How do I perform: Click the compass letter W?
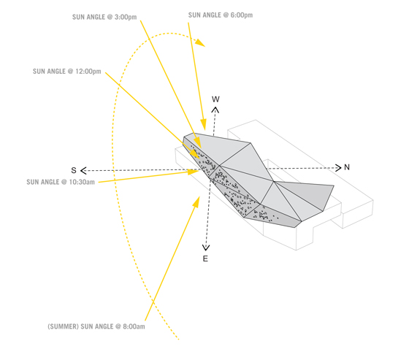pos(215,99)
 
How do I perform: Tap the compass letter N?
pos(347,167)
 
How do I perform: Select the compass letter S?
pos(74,170)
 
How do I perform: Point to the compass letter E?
pos(205,258)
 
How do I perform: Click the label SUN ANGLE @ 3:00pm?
pos(104,18)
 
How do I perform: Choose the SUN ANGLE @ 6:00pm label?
pos(221,15)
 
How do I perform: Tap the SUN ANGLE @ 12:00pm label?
pos(66,72)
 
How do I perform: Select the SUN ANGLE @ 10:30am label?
pos(61,182)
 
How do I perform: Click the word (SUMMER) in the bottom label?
pos(63,326)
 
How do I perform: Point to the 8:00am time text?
pos(134,326)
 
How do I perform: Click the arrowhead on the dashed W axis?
pos(215,110)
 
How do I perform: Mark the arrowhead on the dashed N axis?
pos(338,168)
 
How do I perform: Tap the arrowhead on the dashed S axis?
pos(83,171)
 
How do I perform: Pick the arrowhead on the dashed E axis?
pos(206,248)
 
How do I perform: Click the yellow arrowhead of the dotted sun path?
pos(200,42)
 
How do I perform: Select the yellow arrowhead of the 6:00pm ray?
pos(204,124)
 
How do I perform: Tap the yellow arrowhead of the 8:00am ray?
pos(196,202)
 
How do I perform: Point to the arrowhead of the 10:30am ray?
pos(194,172)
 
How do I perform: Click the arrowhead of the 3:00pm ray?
pos(197,143)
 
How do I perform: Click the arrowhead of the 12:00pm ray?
pos(195,154)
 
